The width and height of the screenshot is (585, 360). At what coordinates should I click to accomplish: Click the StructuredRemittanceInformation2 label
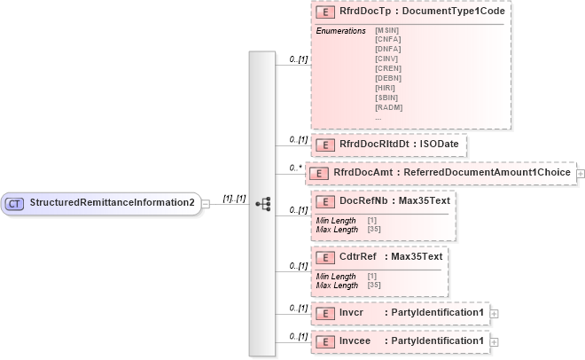tap(113, 203)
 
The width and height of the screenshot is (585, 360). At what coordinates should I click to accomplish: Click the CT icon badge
tap(15, 203)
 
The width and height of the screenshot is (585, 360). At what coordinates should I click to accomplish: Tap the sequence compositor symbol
tap(262, 203)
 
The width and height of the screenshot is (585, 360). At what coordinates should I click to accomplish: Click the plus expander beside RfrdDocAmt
tap(581, 173)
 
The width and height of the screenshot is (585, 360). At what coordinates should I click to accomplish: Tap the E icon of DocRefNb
tap(325, 201)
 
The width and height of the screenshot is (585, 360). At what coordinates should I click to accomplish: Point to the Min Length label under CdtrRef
tap(336, 277)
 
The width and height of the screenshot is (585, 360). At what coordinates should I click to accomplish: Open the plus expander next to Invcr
tap(495, 313)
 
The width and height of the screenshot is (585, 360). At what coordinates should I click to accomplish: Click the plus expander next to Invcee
tap(495, 341)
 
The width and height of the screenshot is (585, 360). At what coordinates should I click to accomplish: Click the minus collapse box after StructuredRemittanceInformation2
tap(206, 203)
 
